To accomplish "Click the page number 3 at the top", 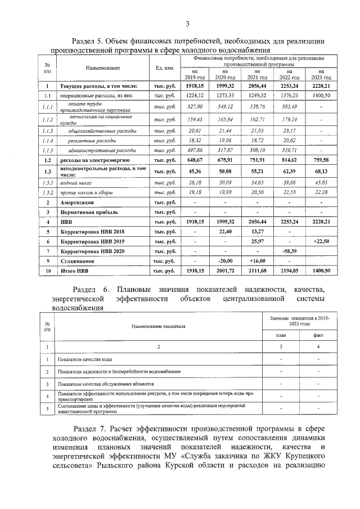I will [x=188, y=22].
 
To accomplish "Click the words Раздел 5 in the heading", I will [x=89, y=41].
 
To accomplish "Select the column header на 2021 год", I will [x=257, y=74].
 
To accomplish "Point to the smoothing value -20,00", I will [x=224, y=261].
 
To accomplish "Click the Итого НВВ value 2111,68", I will [x=257, y=271].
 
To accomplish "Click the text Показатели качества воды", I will [x=87, y=359].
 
